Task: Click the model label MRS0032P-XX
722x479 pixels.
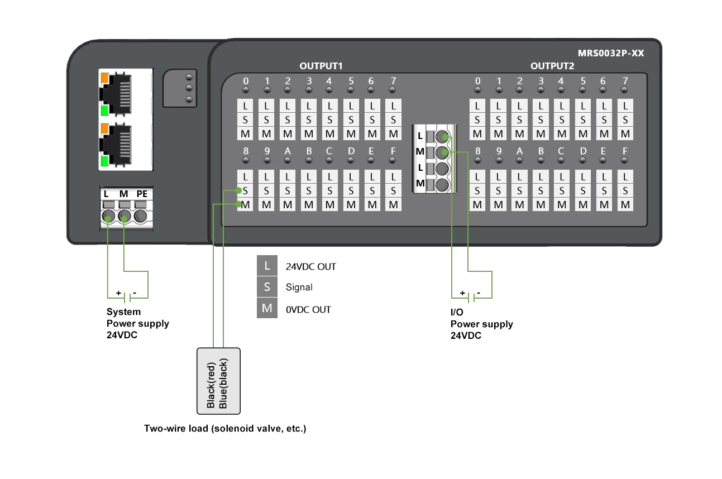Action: pyautogui.click(x=611, y=54)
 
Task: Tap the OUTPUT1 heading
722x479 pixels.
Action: pyautogui.click(x=321, y=66)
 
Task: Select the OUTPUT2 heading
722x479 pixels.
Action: pyautogui.click(x=552, y=66)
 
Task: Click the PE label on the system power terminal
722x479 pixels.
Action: pyautogui.click(x=142, y=194)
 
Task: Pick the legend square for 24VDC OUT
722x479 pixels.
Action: pyautogui.click(x=267, y=266)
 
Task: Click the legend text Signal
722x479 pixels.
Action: pyautogui.click(x=299, y=288)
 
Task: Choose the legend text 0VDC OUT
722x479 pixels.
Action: pyautogui.click(x=308, y=309)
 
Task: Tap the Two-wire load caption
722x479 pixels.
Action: pyautogui.click(x=225, y=429)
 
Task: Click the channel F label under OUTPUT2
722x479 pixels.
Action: pyautogui.click(x=625, y=151)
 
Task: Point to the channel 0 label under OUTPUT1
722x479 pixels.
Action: pyautogui.click(x=246, y=81)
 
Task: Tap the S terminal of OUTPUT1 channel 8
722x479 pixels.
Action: pyautogui.click(x=245, y=190)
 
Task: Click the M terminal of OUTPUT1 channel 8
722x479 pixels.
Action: pyautogui.click(x=245, y=204)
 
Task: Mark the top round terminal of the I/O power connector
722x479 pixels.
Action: pyautogui.click(x=442, y=137)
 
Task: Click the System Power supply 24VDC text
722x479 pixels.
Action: pyautogui.click(x=137, y=323)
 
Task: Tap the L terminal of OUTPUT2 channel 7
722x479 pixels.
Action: pyautogui.click(x=625, y=106)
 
